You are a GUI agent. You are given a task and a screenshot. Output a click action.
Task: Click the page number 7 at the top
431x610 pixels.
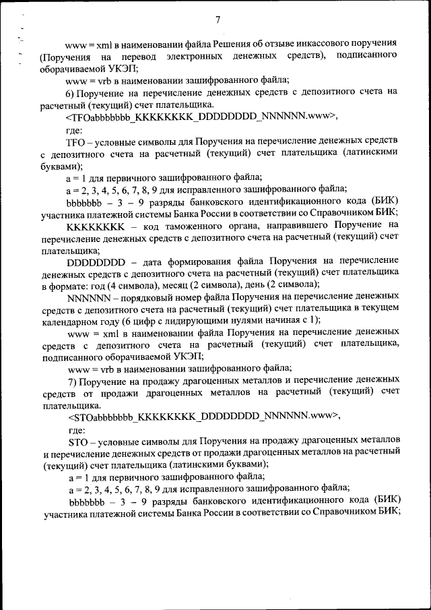point(218,20)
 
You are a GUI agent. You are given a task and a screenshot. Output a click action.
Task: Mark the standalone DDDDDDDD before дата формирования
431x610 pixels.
point(98,261)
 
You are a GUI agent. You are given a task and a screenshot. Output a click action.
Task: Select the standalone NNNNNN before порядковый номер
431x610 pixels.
point(91,297)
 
